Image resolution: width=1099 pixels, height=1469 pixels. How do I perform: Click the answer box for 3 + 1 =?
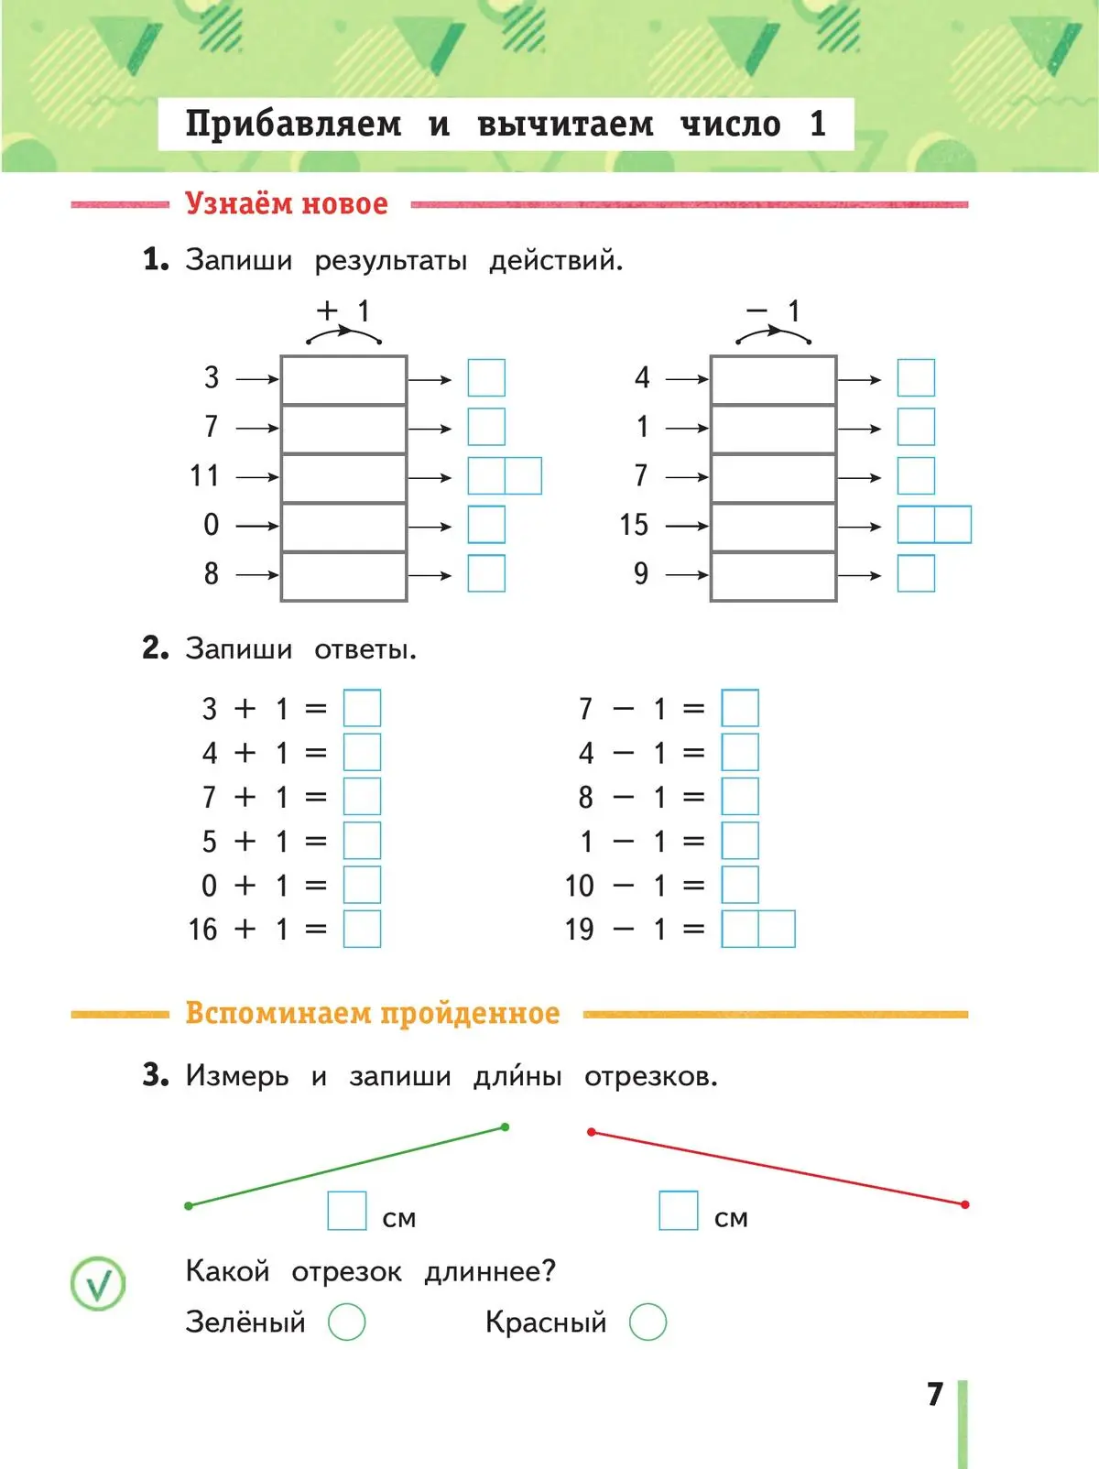pos(362,708)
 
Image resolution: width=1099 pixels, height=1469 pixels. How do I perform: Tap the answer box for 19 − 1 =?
pos(758,929)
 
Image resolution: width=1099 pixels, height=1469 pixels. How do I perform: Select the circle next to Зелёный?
pos(347,1322)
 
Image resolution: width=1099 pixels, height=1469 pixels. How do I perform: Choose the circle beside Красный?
pos(648,1322)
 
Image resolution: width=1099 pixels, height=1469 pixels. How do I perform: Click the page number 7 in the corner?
pos(934,1394)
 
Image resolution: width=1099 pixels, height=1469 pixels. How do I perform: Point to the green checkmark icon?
pos(98,1283)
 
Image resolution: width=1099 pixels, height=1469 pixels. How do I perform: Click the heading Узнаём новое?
pos(287,203)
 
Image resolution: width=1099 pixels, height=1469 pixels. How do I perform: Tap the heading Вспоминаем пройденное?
pos(372,1013)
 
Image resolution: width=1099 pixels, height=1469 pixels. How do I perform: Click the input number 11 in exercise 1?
pos(204,476)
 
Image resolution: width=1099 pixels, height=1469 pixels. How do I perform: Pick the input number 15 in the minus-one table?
pos(634,525)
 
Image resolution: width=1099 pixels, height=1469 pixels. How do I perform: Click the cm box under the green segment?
pos(347,1210)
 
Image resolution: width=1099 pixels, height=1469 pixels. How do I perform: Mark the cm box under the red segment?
pos(679,1210)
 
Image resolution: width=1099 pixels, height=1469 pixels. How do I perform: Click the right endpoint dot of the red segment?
pos(965,1204)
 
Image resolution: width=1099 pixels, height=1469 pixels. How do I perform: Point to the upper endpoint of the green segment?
pos(506,1127)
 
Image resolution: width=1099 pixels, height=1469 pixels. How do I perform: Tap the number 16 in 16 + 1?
pos(202,930)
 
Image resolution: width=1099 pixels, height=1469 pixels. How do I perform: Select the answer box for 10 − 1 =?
pos(740,885)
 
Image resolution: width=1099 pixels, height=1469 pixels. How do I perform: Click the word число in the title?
pos(730,124)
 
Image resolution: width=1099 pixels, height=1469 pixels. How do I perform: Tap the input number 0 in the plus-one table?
pos(212,525)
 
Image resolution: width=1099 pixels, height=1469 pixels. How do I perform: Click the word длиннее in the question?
pos(489,1271)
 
